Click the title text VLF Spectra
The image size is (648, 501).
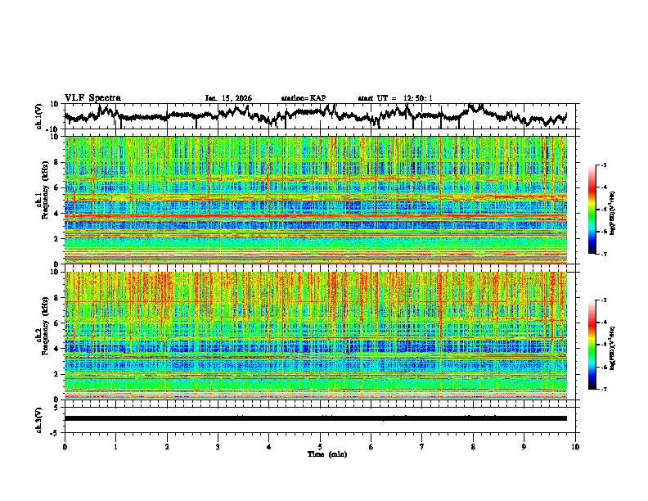[92, 98]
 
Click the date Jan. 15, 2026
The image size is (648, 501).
[228, 98]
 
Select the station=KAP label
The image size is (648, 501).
[303, 98]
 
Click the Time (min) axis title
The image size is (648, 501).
[320, 454]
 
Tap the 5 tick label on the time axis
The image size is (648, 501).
[320, 446]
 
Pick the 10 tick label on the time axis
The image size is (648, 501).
[575, 446]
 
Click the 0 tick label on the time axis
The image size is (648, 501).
[65, 446]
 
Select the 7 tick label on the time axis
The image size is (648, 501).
[422, 446]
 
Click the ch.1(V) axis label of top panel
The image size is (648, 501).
[39, 117]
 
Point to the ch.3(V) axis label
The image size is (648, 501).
[39, 418]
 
